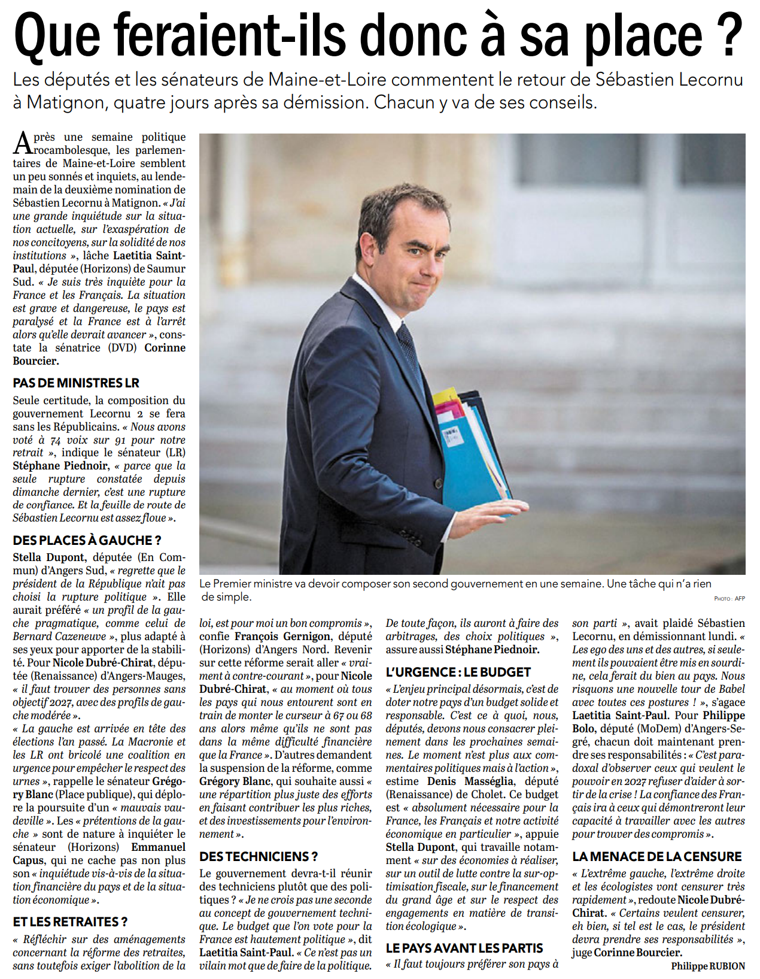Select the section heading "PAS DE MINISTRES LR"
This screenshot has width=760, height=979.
tap(76, 383)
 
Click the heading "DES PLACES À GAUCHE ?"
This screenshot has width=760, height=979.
tap(87, 541)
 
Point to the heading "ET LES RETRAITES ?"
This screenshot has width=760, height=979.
tap(70, 922)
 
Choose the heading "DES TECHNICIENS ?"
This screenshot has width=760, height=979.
tap(259, 856)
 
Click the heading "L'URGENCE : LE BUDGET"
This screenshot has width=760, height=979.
tap(458, 672)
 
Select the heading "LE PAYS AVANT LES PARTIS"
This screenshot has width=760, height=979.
tap(464, 948)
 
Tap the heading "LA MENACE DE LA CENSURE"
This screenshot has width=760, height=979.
tap(656, 856)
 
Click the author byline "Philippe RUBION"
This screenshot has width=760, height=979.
tap(708, 966)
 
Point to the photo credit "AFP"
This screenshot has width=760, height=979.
tap(740, 599)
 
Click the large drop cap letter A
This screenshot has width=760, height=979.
tap(23, 143)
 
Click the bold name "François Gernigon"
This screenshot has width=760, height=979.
tap(282, 636)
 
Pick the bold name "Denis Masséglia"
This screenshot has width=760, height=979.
tap(470, 781)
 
